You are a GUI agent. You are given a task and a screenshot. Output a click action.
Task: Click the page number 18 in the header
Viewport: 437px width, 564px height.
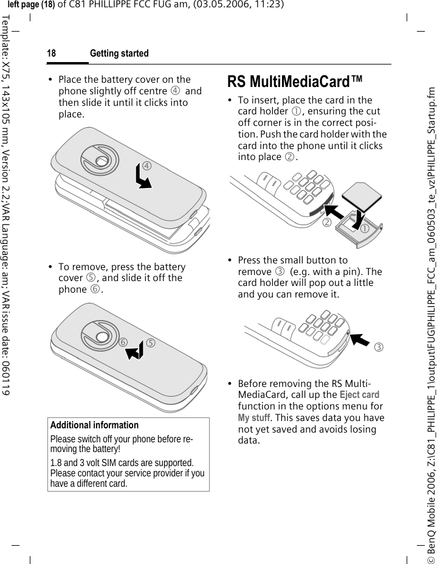[52, 54]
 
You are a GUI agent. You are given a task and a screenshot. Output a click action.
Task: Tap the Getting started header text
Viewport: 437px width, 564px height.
[119, 54]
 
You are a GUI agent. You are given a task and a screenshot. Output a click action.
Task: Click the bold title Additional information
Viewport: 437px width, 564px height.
[94, 425]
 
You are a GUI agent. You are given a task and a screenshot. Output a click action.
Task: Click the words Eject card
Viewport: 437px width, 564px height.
[359, 412]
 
